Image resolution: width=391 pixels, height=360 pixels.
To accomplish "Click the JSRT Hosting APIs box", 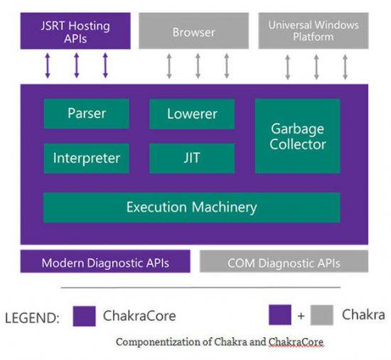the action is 75,31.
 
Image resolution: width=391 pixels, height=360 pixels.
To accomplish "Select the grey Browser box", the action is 194,31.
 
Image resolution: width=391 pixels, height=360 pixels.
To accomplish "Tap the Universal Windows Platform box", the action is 314,31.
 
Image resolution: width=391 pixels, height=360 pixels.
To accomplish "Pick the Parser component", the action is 87,114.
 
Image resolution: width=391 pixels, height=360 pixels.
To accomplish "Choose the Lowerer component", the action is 192,114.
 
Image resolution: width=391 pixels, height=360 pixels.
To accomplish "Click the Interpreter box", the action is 87,158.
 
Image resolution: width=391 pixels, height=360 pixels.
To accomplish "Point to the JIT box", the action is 192,158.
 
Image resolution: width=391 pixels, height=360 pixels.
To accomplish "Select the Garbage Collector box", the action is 297,136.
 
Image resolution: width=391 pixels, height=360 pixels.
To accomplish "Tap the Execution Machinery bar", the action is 192,207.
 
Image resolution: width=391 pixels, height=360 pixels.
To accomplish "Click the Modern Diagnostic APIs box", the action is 105,261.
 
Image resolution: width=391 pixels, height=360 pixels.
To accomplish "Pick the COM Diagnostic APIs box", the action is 284,261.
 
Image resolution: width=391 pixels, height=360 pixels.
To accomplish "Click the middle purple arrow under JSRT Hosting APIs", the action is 77,65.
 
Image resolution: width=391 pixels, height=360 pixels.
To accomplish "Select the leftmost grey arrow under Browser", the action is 169,66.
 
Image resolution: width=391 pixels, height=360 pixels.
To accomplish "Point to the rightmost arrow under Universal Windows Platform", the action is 345,67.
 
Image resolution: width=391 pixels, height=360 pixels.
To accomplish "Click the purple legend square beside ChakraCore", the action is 85,316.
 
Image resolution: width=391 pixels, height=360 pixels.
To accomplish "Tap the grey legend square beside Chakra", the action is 321,315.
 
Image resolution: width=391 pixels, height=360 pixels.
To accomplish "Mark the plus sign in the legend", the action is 301,316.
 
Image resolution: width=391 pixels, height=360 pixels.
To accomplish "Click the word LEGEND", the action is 32,318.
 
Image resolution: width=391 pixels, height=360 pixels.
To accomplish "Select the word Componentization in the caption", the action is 159,342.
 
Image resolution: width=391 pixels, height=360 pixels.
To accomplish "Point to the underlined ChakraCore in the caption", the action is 296,342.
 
